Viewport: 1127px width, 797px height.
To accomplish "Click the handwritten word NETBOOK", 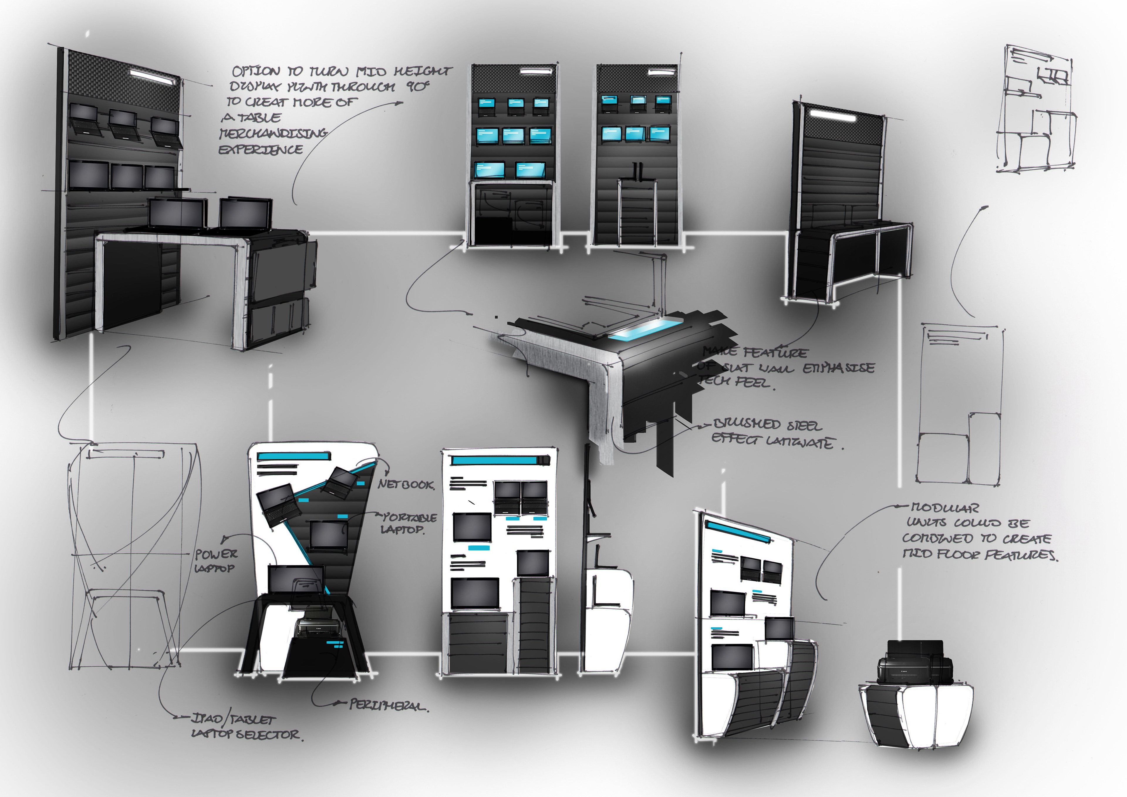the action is point(406,485).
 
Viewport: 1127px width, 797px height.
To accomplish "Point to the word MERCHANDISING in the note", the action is point(273,133).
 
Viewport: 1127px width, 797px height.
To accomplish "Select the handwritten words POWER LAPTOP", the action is point(215,561).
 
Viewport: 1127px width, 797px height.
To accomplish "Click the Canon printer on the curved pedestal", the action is point(914,663).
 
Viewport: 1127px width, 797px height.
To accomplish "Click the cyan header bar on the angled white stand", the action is point(293,456).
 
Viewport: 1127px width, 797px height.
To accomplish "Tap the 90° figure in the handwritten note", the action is point(418,86).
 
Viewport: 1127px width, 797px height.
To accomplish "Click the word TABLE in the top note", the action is point(259,118).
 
